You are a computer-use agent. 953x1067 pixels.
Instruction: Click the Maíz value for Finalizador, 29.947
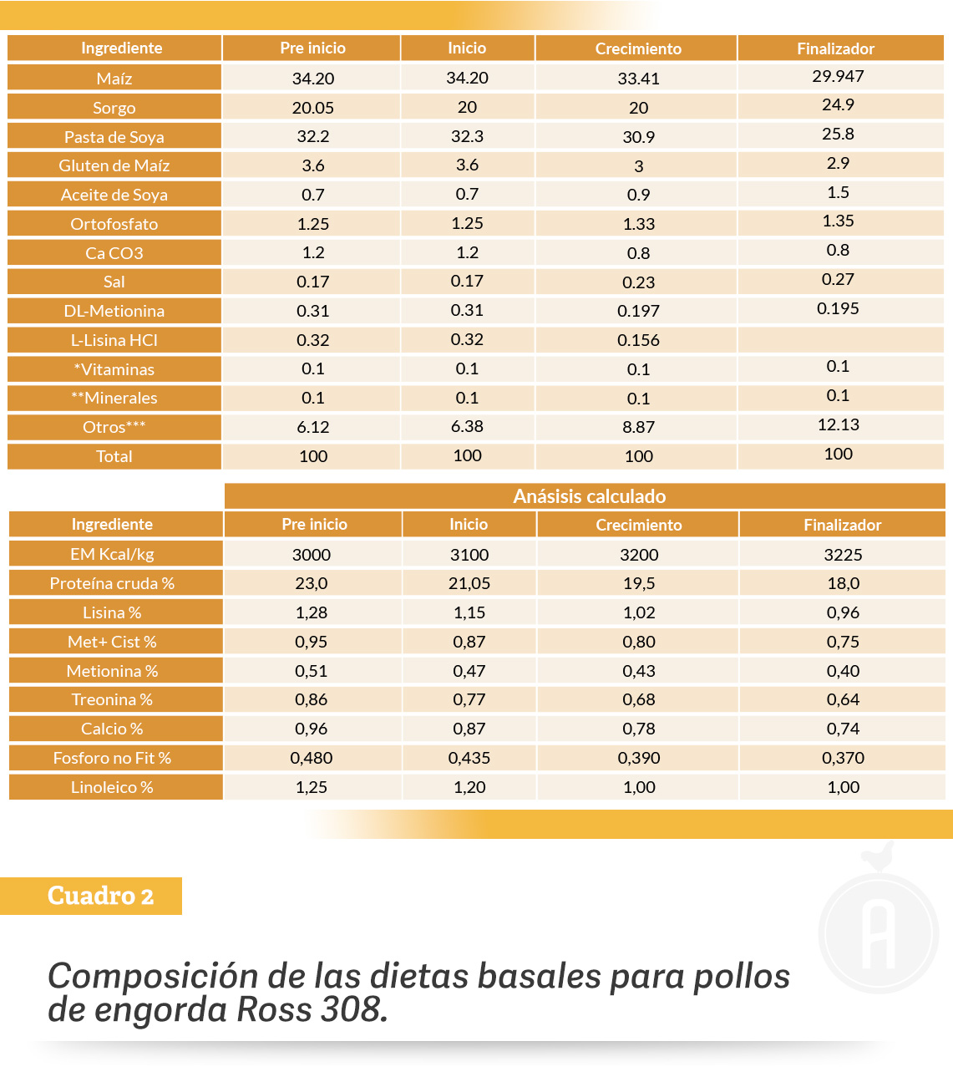coord(838,76)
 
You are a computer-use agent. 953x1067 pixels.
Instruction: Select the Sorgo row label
coord(114,108)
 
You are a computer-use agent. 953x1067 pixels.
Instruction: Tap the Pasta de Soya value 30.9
coord(639,137)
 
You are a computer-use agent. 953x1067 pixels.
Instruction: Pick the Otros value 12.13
coord(839,424)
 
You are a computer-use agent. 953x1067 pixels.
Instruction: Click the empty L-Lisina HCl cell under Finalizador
coord(840,340)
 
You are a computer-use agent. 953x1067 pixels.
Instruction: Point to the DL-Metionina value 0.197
coord(638,311)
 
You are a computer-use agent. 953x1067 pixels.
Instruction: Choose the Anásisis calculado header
coord(590,496)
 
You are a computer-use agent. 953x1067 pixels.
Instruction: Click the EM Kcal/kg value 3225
coord(843,555)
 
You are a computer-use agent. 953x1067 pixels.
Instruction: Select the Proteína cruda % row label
coord(112,583)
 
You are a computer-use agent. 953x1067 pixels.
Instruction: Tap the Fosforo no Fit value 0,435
coord(469,758)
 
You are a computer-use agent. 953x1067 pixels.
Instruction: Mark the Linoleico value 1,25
coord(312,787)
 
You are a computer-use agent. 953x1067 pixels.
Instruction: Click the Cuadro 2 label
coord(100,896)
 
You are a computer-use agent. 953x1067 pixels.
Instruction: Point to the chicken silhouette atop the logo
coord(878,856)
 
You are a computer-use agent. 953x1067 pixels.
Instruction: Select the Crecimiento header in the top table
coord(638,49)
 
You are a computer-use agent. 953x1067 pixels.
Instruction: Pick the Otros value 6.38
coord(467,426)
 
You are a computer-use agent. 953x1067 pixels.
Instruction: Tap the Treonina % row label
coord(112,699)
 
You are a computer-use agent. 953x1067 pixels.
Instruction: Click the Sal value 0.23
coord(639,282)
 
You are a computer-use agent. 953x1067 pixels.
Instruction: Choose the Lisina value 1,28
coord(312,612)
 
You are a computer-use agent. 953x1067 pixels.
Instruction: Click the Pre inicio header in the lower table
coord(314,525)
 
